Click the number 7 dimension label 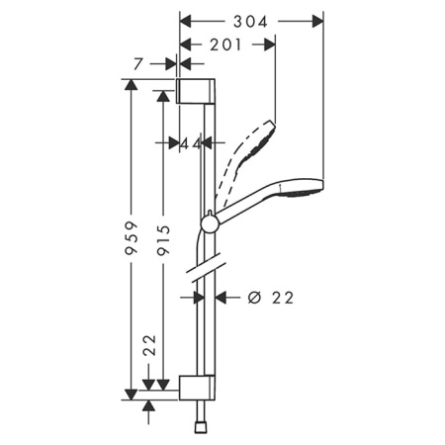pos(139,64)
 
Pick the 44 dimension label pos(191,143)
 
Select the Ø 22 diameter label pos(268,297)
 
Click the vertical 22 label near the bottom pos(149,346)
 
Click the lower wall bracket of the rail pos(195,387)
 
